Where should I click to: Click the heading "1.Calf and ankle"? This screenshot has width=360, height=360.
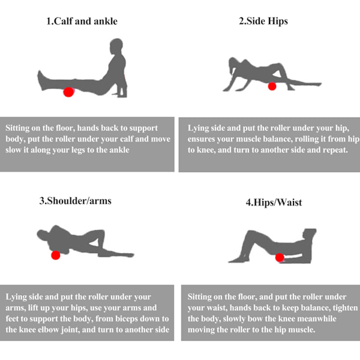coord(82,21)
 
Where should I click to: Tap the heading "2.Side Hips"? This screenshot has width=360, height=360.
coord(263,21)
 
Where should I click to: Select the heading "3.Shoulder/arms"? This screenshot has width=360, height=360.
coord(76,201)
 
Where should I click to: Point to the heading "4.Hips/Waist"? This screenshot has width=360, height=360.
coord(274,203)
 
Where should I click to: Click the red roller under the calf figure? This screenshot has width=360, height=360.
coord(68,92)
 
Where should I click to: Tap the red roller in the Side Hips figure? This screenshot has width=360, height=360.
coord(272,86)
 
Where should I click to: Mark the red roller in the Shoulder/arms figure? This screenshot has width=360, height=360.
coord(56,255)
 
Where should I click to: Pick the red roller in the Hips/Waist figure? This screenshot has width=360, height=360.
coord(280,257)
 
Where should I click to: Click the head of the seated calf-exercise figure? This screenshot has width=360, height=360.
coord(116,46)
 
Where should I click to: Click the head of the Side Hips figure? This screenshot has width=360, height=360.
coord(233,64)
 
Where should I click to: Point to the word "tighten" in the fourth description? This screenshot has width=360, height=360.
coord(346,308)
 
